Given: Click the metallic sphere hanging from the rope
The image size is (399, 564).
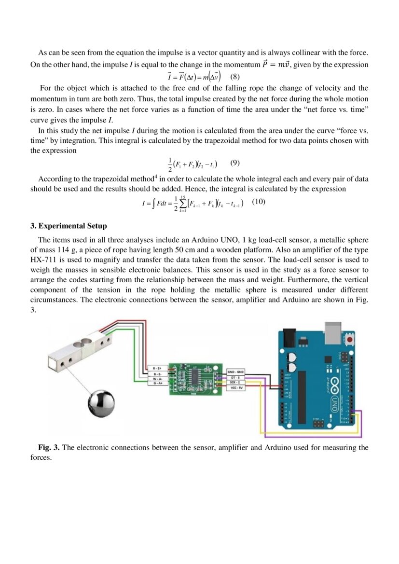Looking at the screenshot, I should tap(101, 404).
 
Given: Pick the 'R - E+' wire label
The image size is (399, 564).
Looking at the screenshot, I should tap(157, 368).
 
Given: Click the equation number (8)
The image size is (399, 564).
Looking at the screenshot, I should tap(235, 77).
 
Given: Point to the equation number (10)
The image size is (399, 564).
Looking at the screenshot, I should tap(259, 202).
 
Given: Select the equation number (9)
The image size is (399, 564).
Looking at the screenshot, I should tap(235, 163).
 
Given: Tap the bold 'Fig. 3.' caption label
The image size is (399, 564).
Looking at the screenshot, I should tap(49, 447).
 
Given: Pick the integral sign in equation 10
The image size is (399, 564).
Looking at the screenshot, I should tap(152, 203).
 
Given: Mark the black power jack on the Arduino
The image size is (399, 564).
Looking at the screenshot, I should tap(289, 336).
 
